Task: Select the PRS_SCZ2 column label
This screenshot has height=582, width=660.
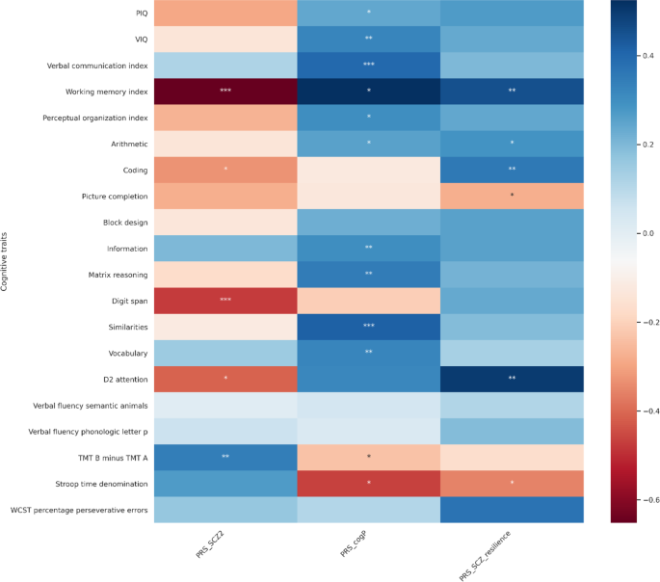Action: pyautogui.click(x=211, y=548)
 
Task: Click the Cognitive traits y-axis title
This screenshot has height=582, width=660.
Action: pyautogui.click(x=8, y=260)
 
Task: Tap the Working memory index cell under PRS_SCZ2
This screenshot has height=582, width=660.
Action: pyautogui.click(x=224, y=92)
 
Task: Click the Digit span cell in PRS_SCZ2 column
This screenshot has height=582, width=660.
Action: pyautogui.click(x=224, y=300)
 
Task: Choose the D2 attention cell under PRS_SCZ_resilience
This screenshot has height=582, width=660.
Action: pyautogui.click(x=512, y=379)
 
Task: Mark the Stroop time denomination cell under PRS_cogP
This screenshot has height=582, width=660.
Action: pyautogui.click(x=368, y=483)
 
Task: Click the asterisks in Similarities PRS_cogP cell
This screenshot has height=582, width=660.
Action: pyautogui.click(x=368, y=326)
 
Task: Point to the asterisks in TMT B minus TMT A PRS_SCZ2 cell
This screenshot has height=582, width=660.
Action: pyautogui.click(x=224, y=457)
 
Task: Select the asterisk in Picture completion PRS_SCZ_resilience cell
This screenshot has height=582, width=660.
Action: pyautogui.click(x=512, y=196)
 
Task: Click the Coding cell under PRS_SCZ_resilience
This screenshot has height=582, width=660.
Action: pyautogui.click(x=512, y=170)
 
